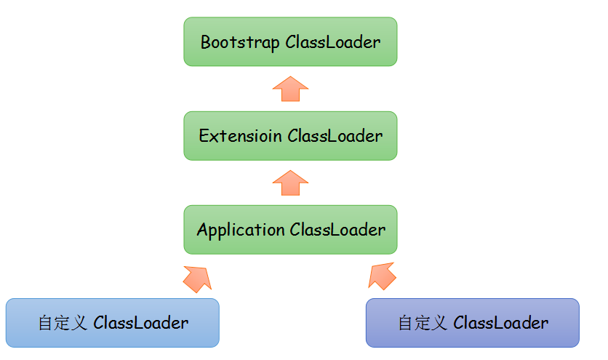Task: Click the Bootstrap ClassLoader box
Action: (x=290, y=42)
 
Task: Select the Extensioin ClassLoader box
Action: (x=290, y=136)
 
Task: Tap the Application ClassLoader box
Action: (x=290, y=230)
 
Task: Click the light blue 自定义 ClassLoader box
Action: (x=112, y=322)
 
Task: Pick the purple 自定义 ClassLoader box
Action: (x=472, y=322)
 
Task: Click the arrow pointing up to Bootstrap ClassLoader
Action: (x=290, y=89)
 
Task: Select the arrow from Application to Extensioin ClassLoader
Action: (x=290, y=183)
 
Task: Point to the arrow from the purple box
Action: (x=383, y=276)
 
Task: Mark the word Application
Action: (x=241, y=230)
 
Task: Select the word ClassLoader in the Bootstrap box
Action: (x=333, y=42)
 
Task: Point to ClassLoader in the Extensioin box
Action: (x=335, y=136)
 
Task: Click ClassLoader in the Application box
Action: (x=337, y=230)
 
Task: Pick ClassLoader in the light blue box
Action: (x=141, y=322)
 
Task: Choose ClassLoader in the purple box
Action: (x=501, y=322)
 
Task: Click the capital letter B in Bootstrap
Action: (x=205, y=42)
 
